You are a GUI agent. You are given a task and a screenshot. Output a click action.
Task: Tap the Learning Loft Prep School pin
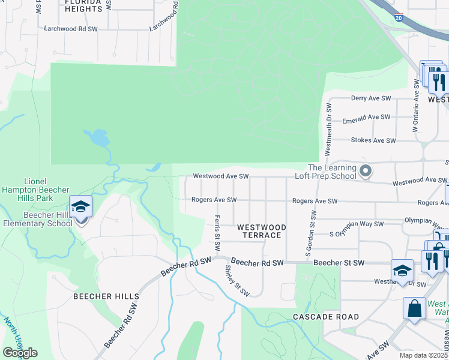click(x=365, y=172)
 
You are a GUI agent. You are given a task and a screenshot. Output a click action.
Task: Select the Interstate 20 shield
click(x=399, y=17)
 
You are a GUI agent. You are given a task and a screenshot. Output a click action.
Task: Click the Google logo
click(x=20, y=353)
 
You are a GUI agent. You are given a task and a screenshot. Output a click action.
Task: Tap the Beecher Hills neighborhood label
click(x=106, y=296)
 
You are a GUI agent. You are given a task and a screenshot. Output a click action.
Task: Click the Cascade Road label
click(x=326, y=316)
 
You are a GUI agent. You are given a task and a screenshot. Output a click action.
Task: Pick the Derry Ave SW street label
click(x=371, y=98)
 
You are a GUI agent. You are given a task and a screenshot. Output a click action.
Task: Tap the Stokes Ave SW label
click(x=373, y=140)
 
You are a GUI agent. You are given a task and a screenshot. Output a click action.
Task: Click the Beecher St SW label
click(x=339, y=263)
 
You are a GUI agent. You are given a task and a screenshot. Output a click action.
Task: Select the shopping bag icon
click(x=414, y=310)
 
